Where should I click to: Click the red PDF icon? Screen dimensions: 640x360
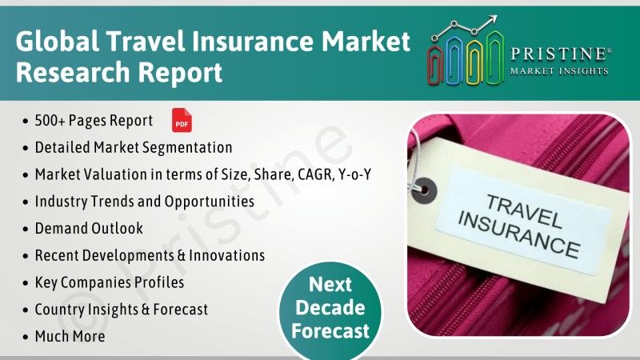point(182,121)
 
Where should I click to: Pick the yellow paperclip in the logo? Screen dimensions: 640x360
point(474,62)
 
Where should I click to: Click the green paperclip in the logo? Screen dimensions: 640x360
point(495,58)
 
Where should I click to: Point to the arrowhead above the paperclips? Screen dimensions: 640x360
point(493,19)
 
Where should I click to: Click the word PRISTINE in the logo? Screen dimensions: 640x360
point(560,54)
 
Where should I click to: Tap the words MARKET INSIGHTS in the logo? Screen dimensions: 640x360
point(559,71)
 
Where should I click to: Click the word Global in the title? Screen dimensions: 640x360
point(57,41)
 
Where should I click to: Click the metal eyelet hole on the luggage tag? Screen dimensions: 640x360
point(424,190)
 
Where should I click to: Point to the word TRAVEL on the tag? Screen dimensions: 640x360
point(524,210)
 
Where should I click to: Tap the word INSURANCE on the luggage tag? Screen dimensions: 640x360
point(518,235)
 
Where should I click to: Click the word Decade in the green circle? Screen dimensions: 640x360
point(330,307)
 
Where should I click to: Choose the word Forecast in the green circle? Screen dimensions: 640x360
point(330,330)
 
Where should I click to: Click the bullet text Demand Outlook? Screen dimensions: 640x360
point(89,228)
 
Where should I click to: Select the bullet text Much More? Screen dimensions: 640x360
point(70,336)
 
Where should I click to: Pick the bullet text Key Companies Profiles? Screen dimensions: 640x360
point(110,282)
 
